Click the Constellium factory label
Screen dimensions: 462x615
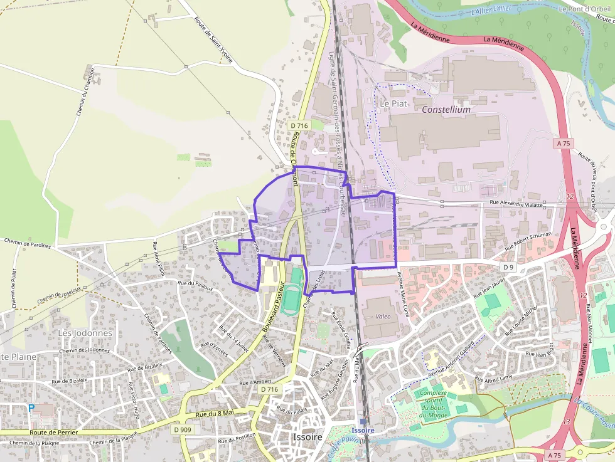446,109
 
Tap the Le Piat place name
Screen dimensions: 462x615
393,103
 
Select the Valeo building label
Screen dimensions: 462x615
383,317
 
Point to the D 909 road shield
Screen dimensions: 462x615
182,429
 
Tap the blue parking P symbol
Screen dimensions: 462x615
31,408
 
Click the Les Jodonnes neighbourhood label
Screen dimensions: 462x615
85,333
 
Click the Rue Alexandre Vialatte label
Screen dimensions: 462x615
516,203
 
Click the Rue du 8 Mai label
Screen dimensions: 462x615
214,413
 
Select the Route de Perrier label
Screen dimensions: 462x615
54,433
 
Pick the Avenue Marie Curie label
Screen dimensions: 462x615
404,293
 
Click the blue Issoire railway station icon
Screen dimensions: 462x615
363,421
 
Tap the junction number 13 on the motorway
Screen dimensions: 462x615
567,421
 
